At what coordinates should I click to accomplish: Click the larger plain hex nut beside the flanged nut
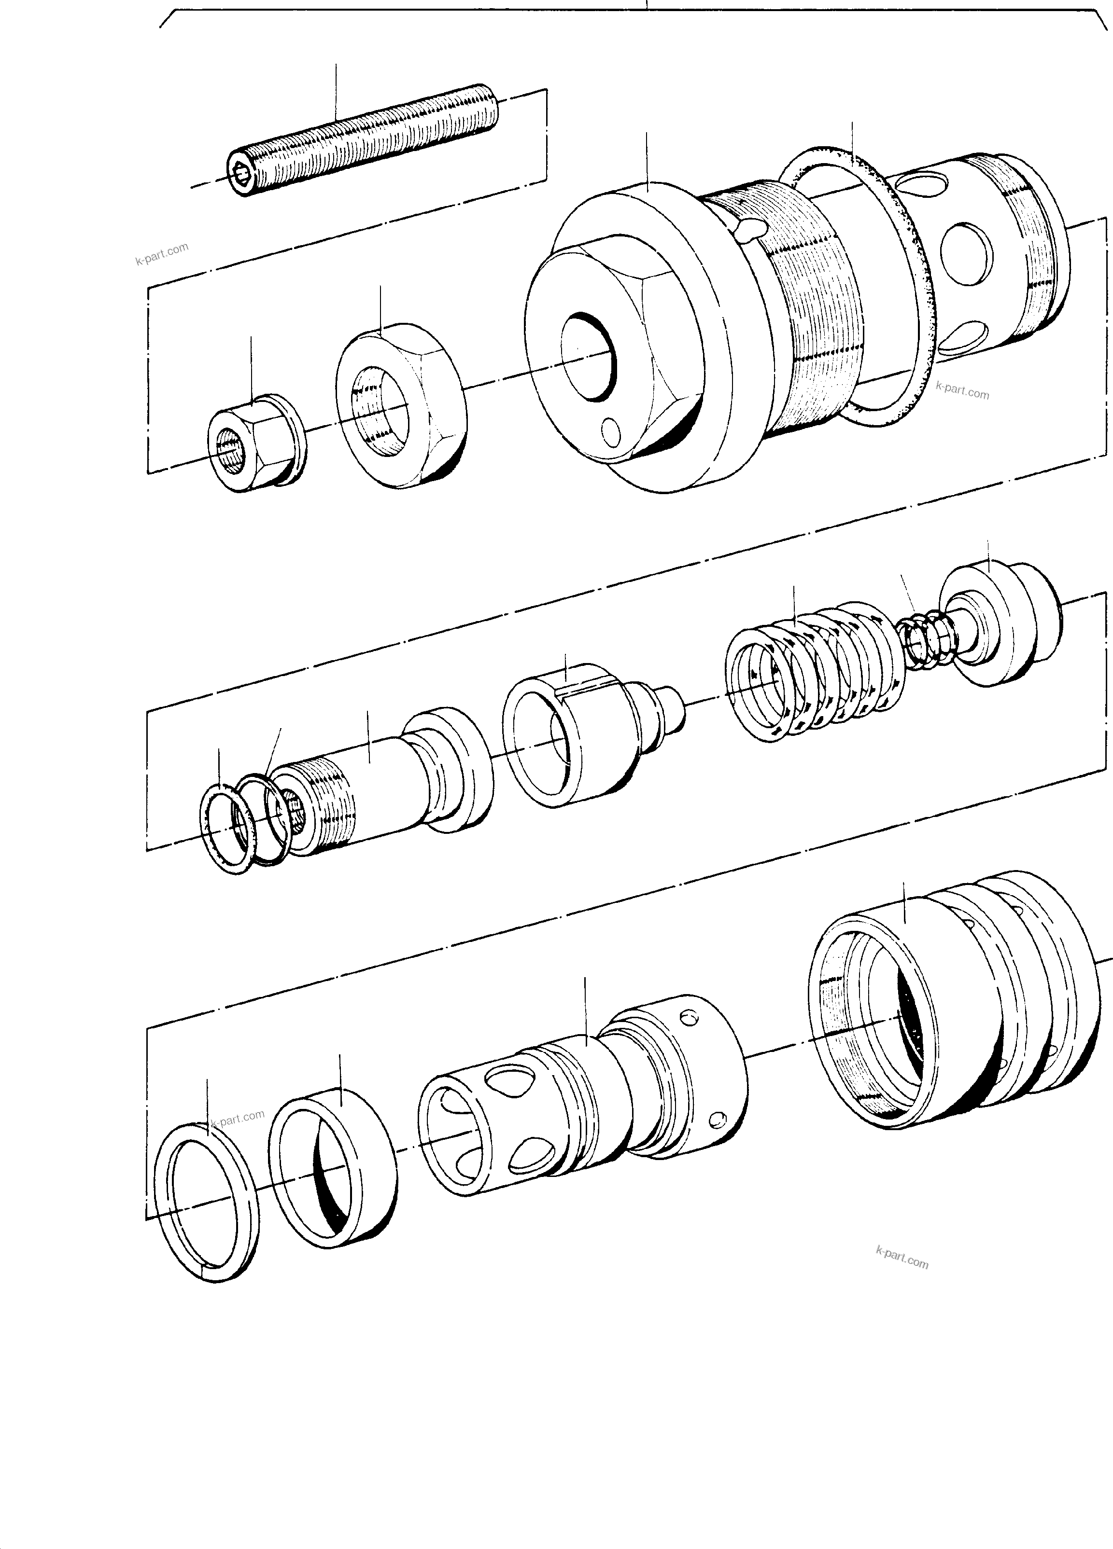tap(400, 410)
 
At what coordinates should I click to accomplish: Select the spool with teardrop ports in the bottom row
tap(581, 1106)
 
